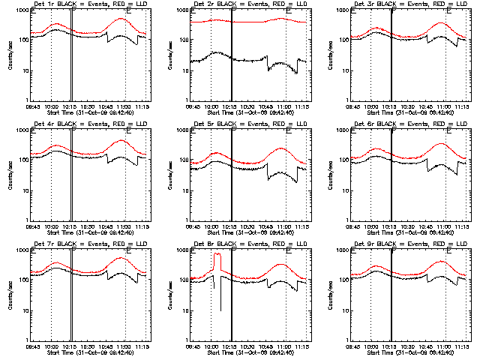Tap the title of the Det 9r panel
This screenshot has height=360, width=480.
pyautogui.click(x=400, y=244)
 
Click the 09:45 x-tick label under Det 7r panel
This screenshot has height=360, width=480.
pyautogui.click(x=33, y=346)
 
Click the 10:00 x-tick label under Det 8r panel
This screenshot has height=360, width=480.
pyautogui.click(x=211, y=346)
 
